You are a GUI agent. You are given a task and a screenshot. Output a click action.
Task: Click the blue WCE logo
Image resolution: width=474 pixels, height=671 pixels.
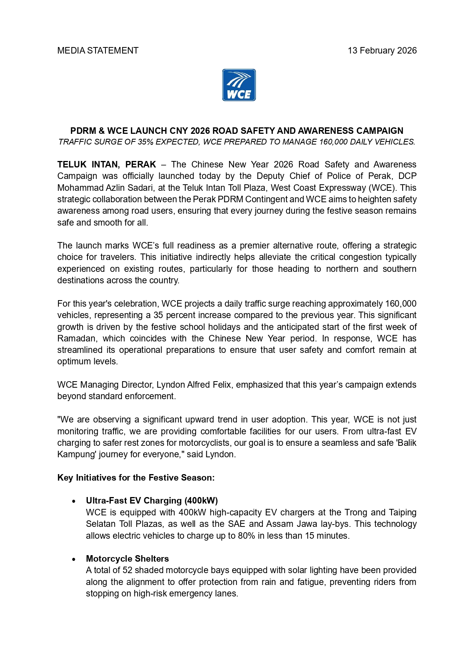pyautogui.click(x=239, y=85)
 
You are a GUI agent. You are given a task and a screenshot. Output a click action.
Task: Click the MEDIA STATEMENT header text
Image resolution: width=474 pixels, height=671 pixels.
pyautogui.click(x=98, y=50)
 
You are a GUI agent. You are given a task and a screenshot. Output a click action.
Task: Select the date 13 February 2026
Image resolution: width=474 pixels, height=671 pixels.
pyautogui.click(x=382, y=50)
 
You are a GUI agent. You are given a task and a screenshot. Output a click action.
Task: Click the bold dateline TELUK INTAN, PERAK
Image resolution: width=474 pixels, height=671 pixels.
pyautogui.click(x=107, y=164)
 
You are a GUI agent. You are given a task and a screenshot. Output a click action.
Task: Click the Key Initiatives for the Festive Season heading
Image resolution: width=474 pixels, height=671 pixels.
pyautogui.click(x=136, y=478)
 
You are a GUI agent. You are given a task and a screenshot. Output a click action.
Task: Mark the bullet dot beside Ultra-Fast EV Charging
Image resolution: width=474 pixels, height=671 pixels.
pyautogui.click(x=73, y=501)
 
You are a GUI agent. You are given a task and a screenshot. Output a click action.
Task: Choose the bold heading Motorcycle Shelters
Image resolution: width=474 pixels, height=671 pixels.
pyautogui.click(x=127, y=559)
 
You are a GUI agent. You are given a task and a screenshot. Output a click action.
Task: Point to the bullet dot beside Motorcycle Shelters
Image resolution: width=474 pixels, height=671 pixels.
pyautogui.click(x=73, y=559)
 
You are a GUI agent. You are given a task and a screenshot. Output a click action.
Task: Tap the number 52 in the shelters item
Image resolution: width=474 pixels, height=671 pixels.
pyautogui.click(x=127, y=570)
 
